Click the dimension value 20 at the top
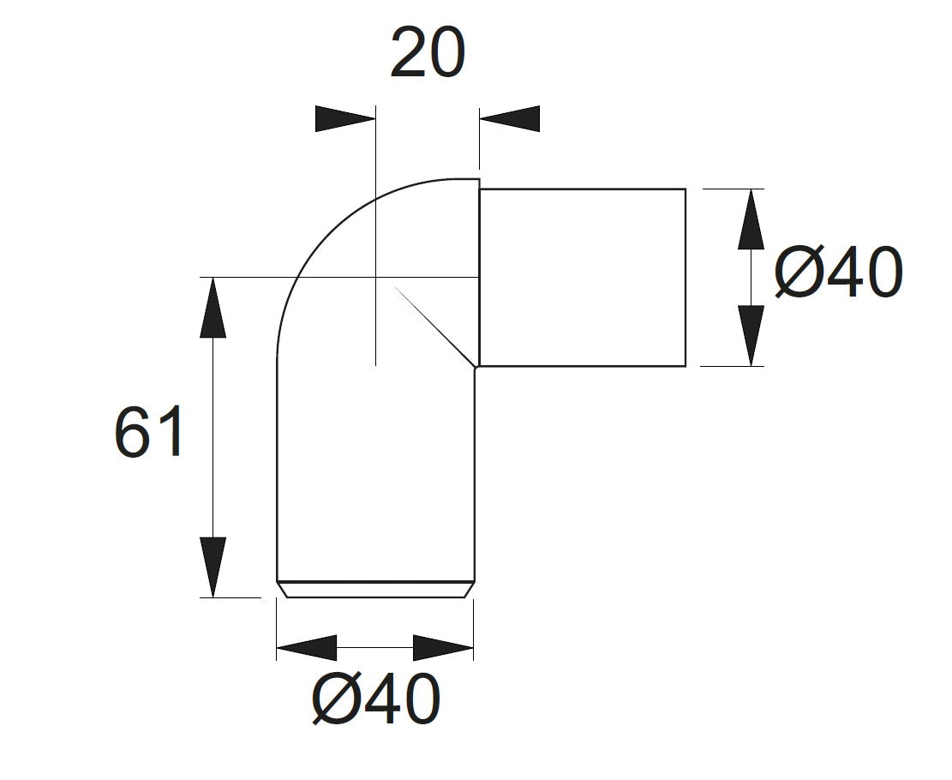point(428,53)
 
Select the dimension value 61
point(148,433)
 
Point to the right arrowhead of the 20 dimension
point(510,119)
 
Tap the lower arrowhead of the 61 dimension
point(213,566)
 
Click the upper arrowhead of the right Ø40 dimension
point(751,219)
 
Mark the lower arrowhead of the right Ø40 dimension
point(751,336)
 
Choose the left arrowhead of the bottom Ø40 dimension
point(307,648)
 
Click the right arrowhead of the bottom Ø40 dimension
point(443,648)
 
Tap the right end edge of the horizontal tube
point(686,277)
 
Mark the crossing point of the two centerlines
point(375,277)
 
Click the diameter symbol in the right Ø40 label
point(799,274)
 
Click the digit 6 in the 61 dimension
point(132,433)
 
